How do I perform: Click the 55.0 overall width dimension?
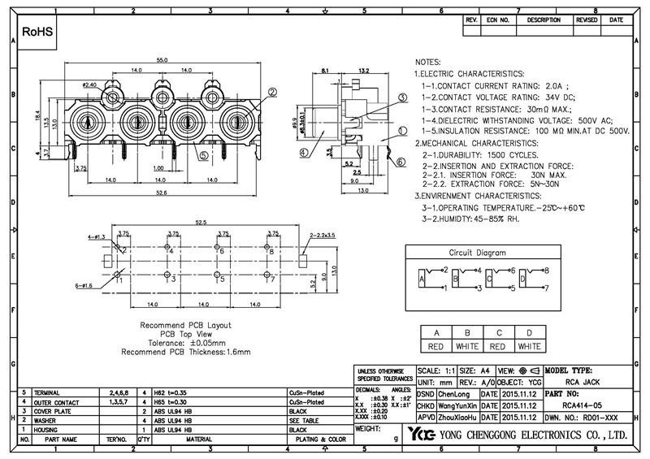click(x=162, y=61)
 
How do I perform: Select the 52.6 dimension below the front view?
click(x=162, y=192)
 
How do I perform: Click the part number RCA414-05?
click(x=581, y=402)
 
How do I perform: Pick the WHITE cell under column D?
click(x=530, y=346)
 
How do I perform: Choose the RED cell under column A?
click(x=436, y=346)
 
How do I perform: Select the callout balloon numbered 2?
click(x=272, y=93)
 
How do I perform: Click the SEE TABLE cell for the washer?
click(x=302, y=421)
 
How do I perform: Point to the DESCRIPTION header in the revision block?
click(x=544, y=20)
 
